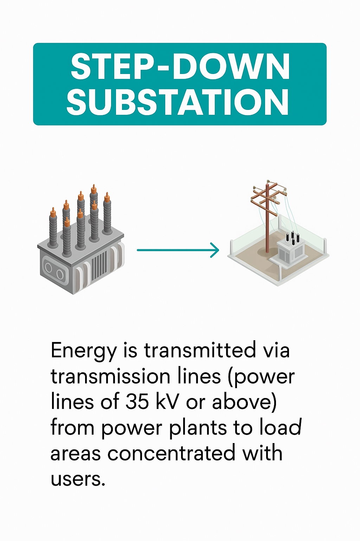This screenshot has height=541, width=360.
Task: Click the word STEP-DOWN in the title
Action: coord(180,67)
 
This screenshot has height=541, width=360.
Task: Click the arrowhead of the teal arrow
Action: coord(215,250)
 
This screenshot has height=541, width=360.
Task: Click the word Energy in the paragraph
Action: coord(83,351)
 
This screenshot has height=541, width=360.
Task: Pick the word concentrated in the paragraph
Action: coord(171,453)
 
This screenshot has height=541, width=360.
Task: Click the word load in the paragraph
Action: coord(281,428)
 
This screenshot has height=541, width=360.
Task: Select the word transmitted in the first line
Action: coord(200,351)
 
